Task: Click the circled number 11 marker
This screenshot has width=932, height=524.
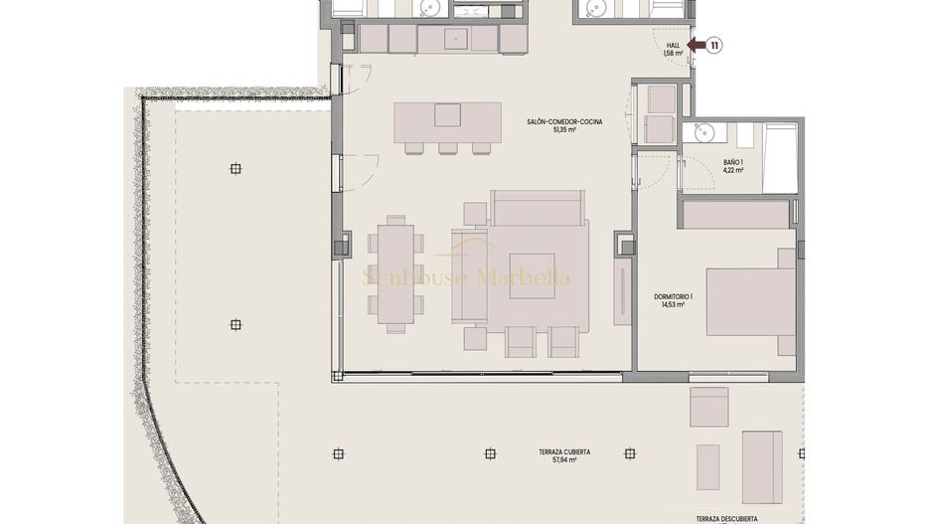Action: click(714, 45)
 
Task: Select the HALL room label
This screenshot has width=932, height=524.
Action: click(674, 45)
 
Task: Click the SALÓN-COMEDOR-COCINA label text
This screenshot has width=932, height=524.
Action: click(557, 121)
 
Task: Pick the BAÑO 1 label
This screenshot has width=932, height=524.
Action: click(733, 161)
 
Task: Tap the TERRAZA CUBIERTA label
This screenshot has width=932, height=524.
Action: click(565, 451)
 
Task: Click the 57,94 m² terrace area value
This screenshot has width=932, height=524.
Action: click(565, 460)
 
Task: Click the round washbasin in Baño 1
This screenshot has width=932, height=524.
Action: click(704, 131)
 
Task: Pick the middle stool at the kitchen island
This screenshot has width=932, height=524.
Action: click(448, 149)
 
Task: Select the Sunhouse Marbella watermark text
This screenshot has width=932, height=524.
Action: click(466, 277)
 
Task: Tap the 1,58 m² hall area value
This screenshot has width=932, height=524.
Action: click(673, 54)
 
